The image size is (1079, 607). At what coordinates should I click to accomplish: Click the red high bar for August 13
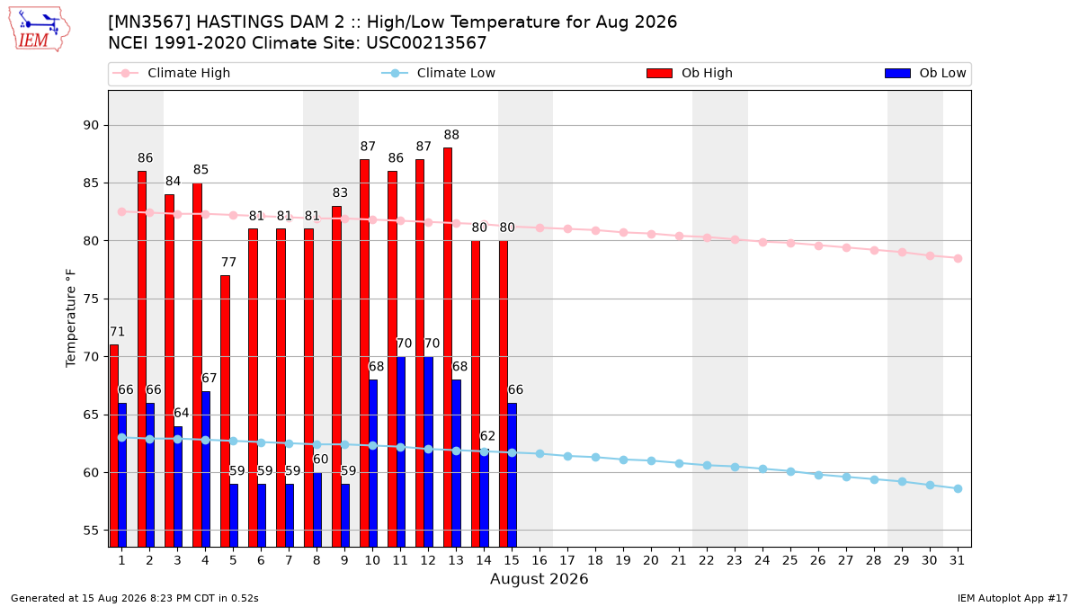point(448,347)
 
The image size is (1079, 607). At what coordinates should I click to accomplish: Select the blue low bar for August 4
point(206,469)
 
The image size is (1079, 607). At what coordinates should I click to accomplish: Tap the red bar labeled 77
point(225,411)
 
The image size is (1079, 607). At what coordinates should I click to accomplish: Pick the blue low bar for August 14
point(484,497)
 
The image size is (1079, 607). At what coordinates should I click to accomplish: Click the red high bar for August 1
point(113,446)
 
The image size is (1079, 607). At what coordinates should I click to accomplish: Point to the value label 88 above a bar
point(451,135)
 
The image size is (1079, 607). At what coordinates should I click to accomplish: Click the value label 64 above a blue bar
point(181,413)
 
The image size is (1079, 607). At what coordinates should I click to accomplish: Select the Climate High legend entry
point(171,73)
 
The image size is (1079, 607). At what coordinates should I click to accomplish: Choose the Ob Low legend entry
point(925,73)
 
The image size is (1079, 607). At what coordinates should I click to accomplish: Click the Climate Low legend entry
point(438,73)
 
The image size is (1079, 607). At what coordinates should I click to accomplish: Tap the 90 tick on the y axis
point(91,125)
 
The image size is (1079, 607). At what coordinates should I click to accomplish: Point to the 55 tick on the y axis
point(91,531)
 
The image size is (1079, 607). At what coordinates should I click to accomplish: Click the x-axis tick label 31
point(957,560)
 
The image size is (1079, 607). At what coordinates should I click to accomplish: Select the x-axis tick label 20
point(651,560)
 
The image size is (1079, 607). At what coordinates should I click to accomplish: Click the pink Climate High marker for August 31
point(959,258)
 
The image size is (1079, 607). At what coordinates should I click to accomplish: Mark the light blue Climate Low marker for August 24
point(762,469)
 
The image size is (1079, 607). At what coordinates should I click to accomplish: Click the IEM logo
point(39,30)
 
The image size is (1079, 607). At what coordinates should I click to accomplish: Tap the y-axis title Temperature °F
point(71,318)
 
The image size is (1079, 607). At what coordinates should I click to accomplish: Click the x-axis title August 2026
point(539,578)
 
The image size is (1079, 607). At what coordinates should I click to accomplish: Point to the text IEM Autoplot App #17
point(1012,598)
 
